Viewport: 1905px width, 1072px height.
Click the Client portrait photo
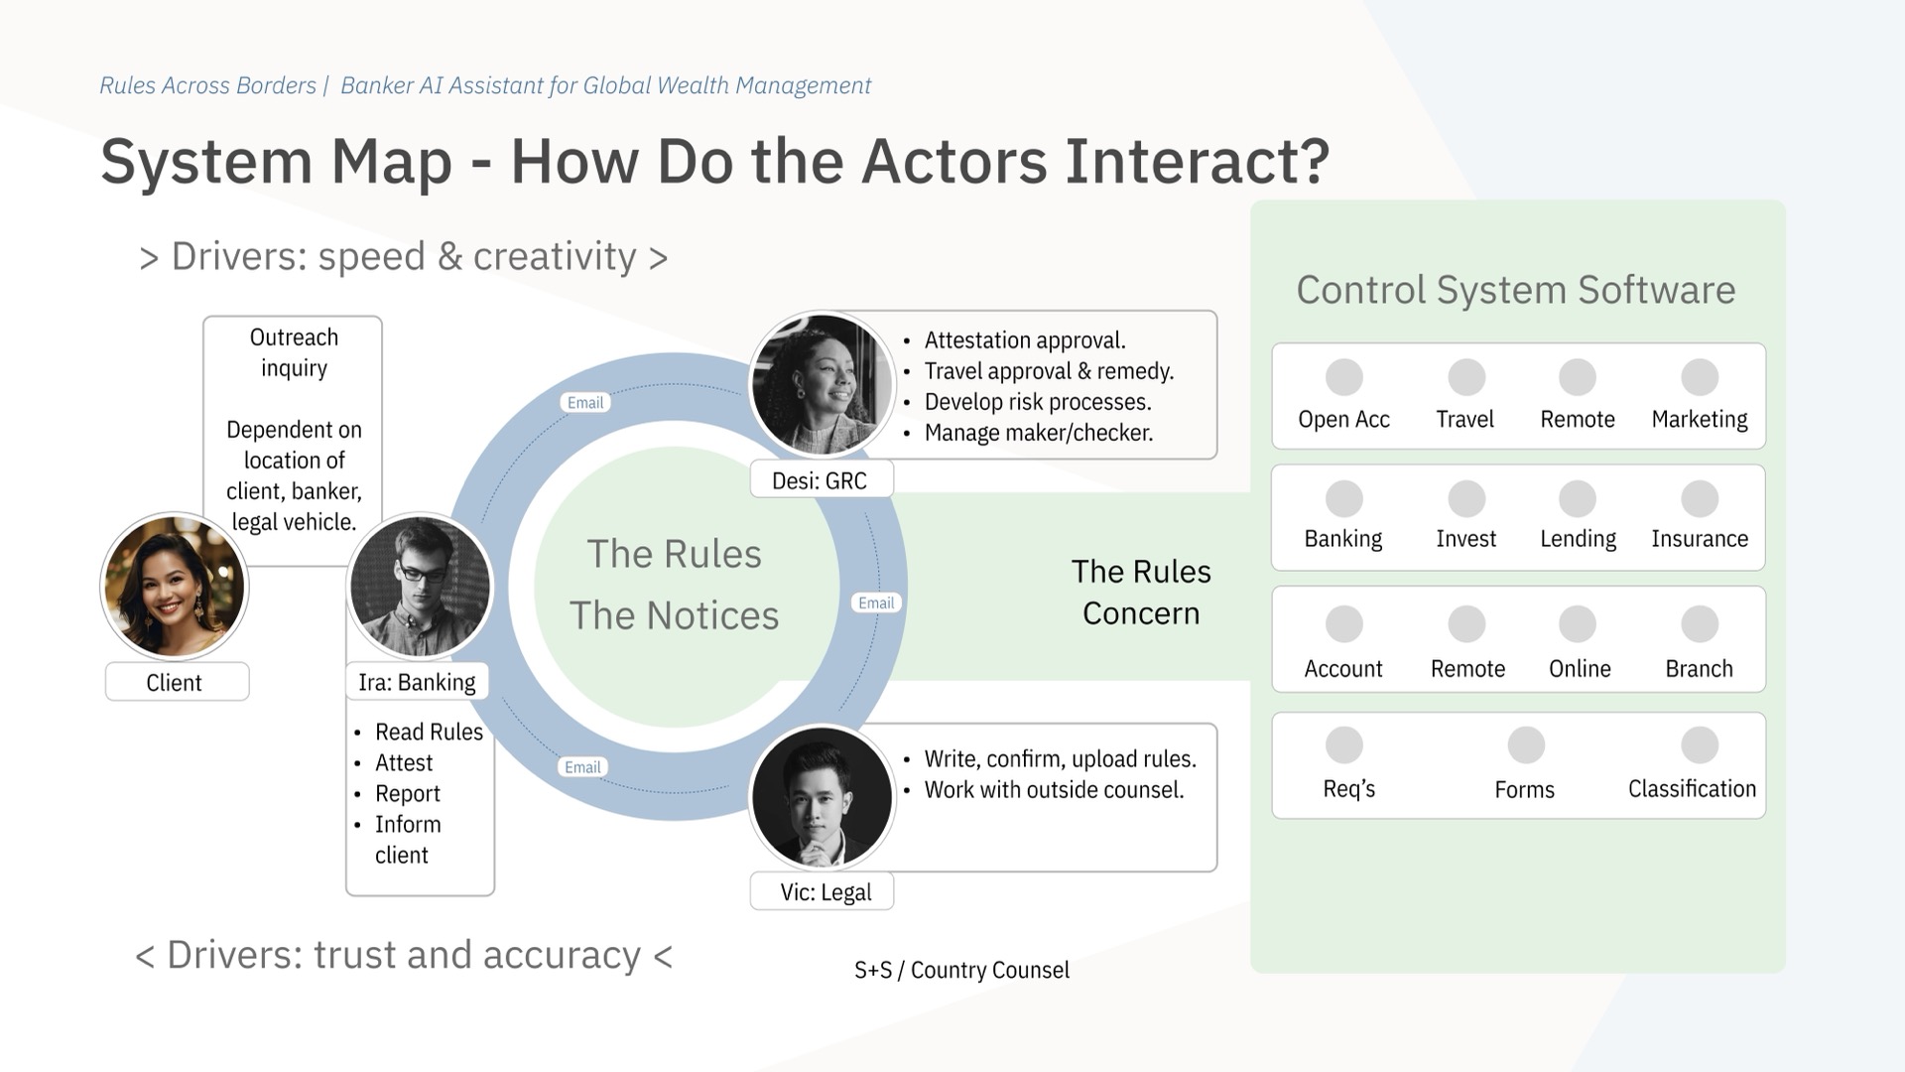click(x=175, y=586)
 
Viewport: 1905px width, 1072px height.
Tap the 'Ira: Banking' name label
click(x=417, y=682)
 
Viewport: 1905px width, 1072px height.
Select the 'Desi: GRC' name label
click(x=820, y=480)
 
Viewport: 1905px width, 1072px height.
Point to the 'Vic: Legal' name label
click(x=825, y=891)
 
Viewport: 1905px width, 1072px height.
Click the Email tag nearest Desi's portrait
click(x=585, y=402)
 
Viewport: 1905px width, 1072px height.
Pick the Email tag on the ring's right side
click(x=876, y=603)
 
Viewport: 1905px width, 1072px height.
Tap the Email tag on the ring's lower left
click(x=582, y=766)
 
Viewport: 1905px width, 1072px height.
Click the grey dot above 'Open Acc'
click(x=1343, y=377)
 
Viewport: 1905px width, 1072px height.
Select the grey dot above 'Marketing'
click(x=1699, y=377)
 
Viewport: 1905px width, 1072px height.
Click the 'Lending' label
click(x=1578, y=538)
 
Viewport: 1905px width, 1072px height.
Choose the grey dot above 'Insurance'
click(x=1699, y=498)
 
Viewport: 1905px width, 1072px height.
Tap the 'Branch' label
click(x=1699, y=668)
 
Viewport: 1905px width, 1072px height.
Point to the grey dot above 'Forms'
click(x=1525, y=744)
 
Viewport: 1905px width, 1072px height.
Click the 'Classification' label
click(x=1692, y=788)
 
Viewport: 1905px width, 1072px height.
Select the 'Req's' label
click(x=1348, y=788)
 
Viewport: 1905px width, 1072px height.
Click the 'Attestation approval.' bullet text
click(x=1025, y=340)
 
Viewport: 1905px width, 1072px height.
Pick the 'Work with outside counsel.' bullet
click(x=1054, y=790)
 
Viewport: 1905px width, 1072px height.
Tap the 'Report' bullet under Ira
click(x=408, y=793)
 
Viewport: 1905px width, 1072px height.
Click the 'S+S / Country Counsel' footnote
click(x=961, y=970)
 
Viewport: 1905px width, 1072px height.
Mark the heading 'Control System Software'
click(x=1515, y=290)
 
